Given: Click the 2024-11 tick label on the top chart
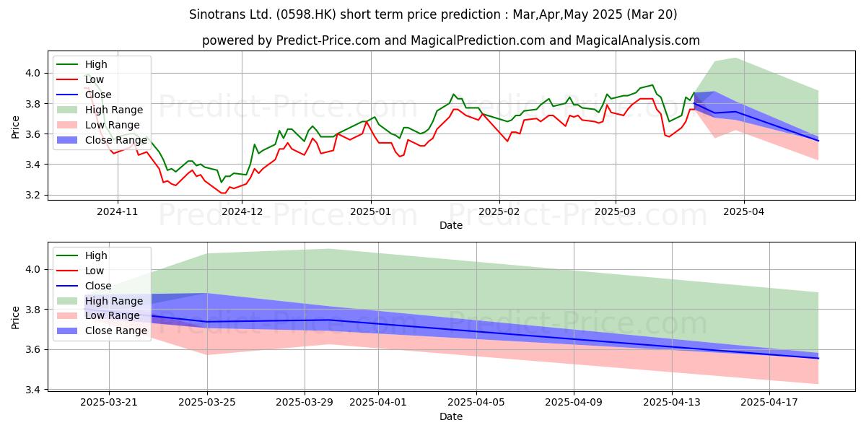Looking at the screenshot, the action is (x=118, y=211).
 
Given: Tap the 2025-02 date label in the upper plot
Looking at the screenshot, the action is (x=499, y=211).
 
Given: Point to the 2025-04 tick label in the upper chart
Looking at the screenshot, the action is (x=744, y=211).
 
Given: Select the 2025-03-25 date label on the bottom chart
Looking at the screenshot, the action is (x=207, y=402).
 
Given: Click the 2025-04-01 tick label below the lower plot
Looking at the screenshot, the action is (x=378, y=402).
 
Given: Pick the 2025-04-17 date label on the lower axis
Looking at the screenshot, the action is (x=769, y=402).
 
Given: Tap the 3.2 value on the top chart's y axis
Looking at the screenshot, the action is (x=33, y=196).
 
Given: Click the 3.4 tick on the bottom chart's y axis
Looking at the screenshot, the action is (x=33, y=390).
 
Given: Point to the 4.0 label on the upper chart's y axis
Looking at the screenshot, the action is (x=33, y=73).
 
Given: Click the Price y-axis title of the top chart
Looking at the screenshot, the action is (x=15, y=127).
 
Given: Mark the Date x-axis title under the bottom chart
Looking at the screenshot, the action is (x=451, y=416).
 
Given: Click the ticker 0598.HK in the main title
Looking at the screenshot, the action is (x=306, y=14).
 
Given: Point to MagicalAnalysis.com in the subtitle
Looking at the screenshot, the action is (x=637, y=40).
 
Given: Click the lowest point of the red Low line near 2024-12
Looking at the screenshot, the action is (x=223, y=193).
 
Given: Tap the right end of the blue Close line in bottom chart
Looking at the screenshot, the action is (x=818, y=359).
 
